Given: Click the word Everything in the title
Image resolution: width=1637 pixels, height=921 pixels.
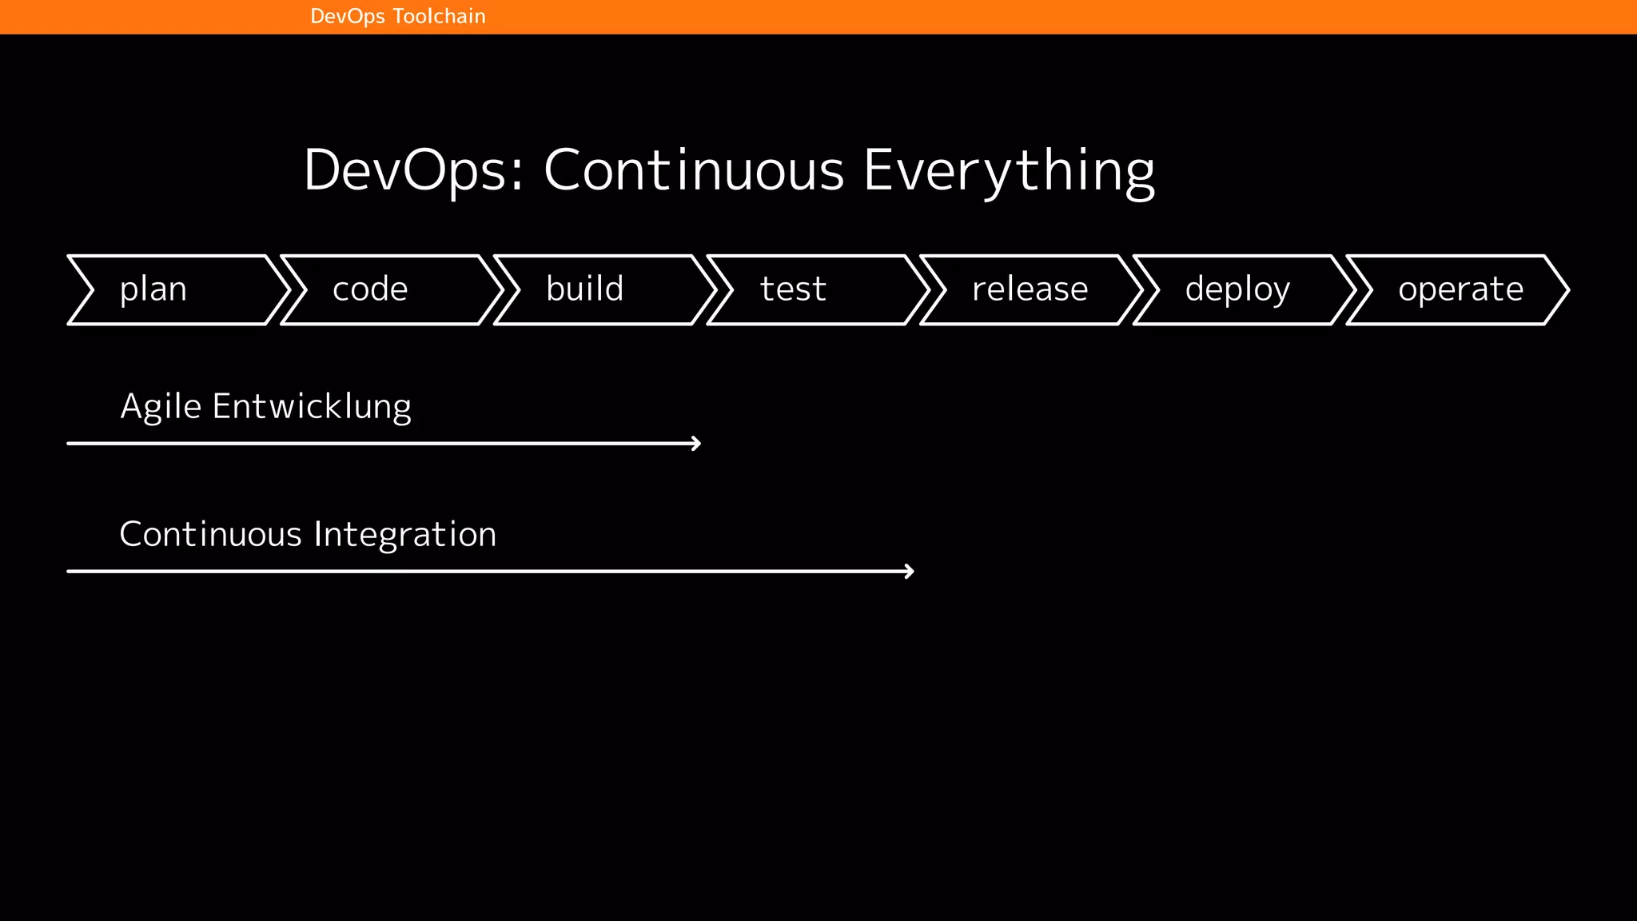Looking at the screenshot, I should (x=1010, y=170).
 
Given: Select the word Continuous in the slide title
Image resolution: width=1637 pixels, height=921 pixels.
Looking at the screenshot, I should (x=694, y=170).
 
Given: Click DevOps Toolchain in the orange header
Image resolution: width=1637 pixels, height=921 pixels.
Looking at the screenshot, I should (x=397, y=17).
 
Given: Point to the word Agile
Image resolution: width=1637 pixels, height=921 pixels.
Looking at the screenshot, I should (x=160, y=407).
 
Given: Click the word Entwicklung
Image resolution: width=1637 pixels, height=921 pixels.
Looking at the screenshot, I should (x=312, y=407).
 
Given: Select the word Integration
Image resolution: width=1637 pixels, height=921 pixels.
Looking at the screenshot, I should (x=405, y=534).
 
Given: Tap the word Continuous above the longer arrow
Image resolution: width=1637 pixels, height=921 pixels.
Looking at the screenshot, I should (x=210, y=534).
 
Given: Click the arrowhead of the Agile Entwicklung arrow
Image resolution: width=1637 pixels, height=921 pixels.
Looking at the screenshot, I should (x=697, y=443).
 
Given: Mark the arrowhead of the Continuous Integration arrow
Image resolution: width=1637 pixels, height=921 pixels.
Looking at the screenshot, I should (x=910, y=571).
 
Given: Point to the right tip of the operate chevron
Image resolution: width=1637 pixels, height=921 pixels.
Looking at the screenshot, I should (x=1567, y=290).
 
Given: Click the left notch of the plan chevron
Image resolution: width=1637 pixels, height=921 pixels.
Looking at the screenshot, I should (x=93, y=290).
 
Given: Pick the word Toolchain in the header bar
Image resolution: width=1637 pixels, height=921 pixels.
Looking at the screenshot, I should (x=439, y=17).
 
